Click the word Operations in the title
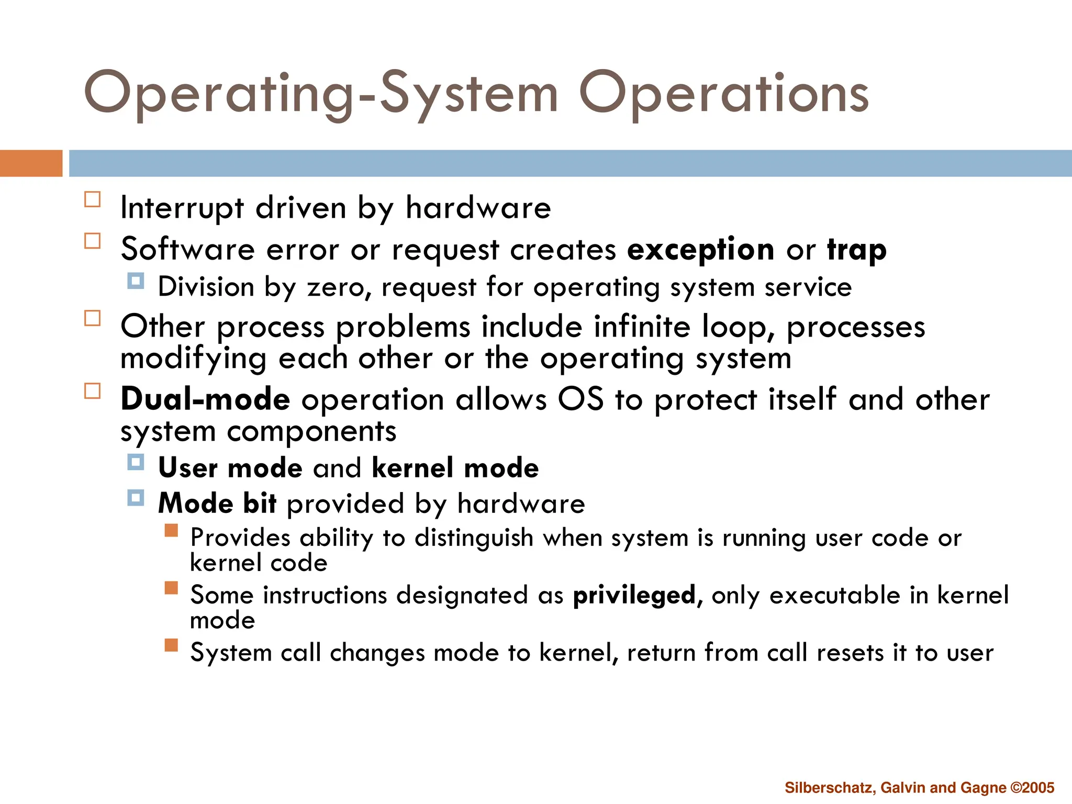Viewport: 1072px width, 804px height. click(723, 94)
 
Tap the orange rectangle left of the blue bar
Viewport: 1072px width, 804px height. click(31, 163)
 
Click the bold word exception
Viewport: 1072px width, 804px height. click(700, 249)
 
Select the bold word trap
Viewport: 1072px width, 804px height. click(857, 249)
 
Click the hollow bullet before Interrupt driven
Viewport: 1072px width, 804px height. click(93, 199)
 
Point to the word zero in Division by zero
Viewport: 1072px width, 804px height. click(336, 287)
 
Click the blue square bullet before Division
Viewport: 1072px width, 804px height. click(136, 281)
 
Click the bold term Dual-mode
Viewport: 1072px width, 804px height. click(205, 399)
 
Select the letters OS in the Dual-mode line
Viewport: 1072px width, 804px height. click(580, 399)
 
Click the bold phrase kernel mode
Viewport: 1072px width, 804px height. click(455, 467)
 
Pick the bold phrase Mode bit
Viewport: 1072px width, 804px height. click(217, 503)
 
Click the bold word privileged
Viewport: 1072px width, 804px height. click(634, 596)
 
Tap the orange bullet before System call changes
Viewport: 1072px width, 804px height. click(171, 645)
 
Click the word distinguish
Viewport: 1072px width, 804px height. click(474, 538)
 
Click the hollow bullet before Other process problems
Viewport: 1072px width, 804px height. click(93, 318)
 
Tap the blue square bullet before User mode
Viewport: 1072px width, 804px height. click(136, 462)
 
